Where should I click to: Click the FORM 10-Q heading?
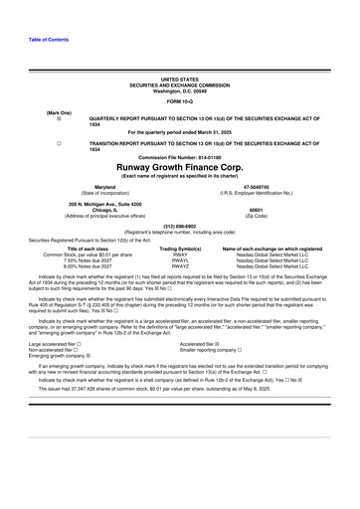tap(180, 102)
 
